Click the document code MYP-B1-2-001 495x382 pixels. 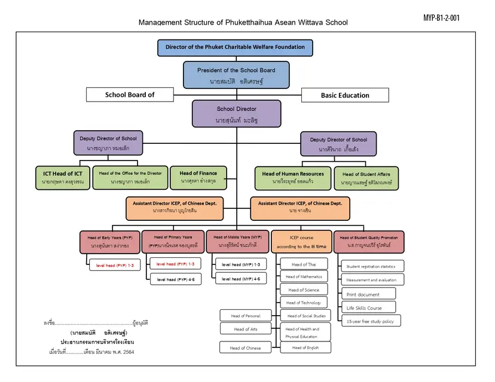click(441, 17)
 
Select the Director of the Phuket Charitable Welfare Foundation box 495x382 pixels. click(235, 47)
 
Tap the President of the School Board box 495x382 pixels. click(236, 75)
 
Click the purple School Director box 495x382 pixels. click(236, 113)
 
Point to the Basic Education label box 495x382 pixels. click(345, 95)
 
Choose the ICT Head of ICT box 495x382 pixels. click(63, 177)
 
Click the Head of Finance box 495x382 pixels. click(198, 177)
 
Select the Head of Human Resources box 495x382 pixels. click(293, 177)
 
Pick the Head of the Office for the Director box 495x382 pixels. click(130, 177)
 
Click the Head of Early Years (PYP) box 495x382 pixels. click(111, 242)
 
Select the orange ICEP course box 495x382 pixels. click(301, 242)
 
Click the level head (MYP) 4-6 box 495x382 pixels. click(240, 279)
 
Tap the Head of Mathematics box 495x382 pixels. click(304, 277)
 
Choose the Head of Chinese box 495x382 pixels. click(246, 348)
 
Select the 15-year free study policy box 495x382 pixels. click(371, 321)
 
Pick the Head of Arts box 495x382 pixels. click(246, 329)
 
